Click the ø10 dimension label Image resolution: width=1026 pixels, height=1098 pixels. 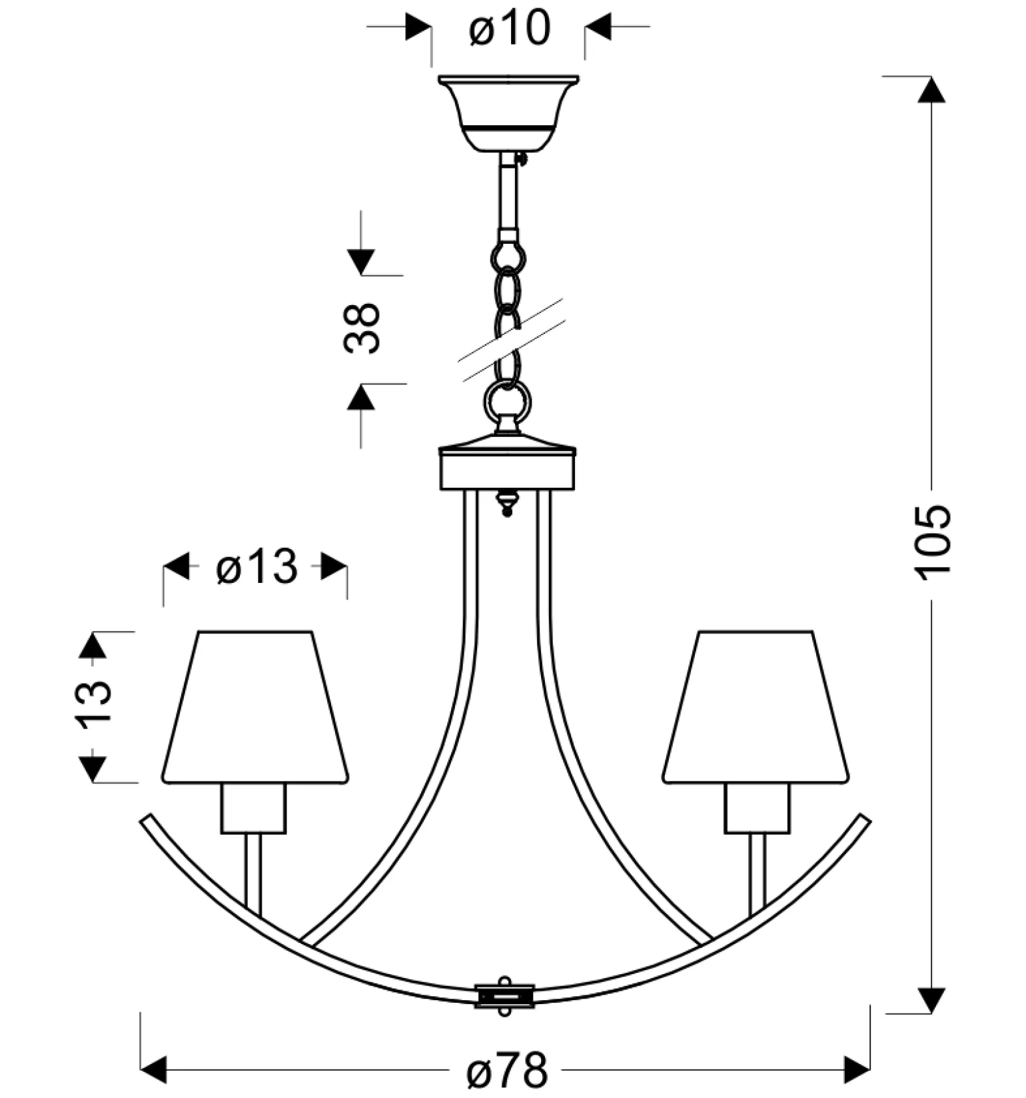click(510, 29)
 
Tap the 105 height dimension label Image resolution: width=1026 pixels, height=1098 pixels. click(932, 542)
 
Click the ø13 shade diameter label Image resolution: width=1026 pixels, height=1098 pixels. click(257, 568)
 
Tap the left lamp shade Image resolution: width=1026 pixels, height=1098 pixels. click(255, 706)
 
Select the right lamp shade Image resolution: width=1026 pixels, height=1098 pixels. click(756, 706)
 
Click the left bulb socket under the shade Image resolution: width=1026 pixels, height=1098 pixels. click(253, 808)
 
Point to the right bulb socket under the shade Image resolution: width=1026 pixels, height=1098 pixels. click(757, 808)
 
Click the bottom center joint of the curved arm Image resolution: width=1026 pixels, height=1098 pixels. click(505, 996)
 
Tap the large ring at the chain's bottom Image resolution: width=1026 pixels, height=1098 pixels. click(507, 402)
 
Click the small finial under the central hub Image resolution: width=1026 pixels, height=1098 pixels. click(507, 502)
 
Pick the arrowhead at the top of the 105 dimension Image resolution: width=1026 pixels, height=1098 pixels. click(931, 89)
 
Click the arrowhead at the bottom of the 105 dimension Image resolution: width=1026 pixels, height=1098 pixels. click(931, 999)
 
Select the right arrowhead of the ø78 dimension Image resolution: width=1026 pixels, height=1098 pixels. click(857, 1070)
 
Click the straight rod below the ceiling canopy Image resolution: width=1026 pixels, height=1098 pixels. click(508, 193)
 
